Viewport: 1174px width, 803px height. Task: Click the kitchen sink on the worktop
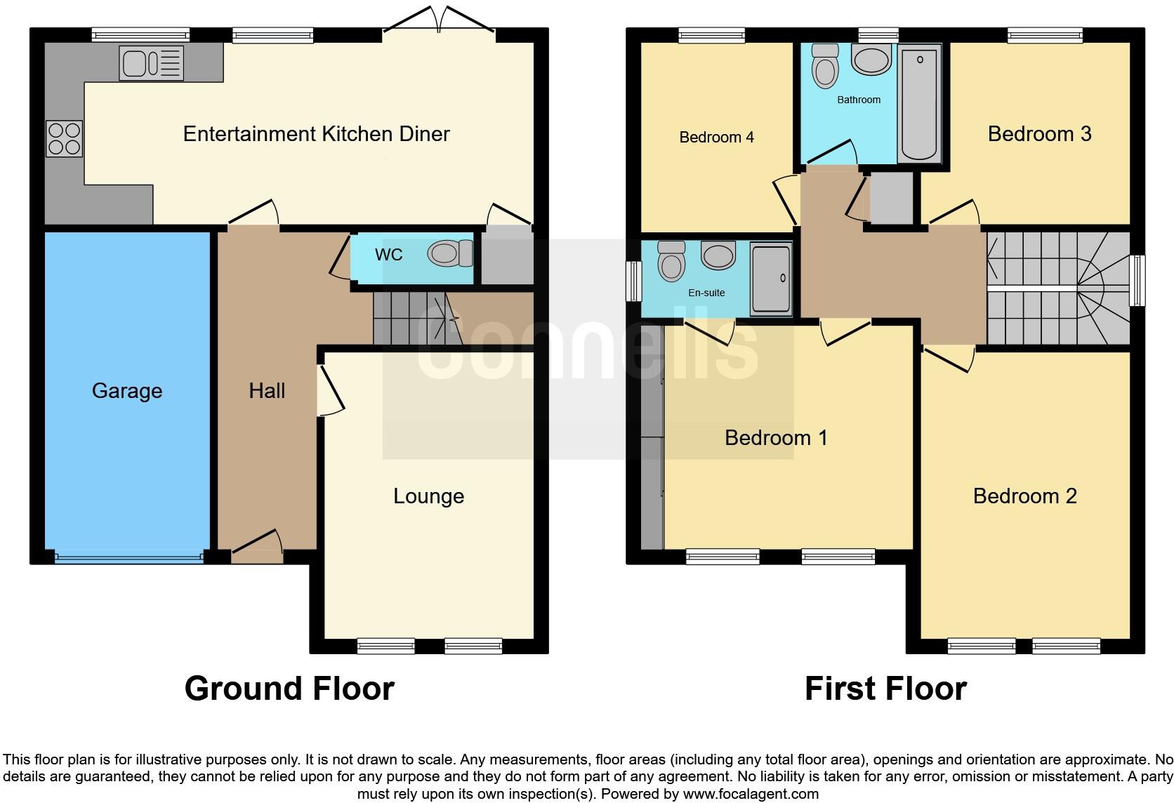(151, 63)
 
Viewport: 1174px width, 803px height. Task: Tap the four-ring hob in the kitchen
(64, 138)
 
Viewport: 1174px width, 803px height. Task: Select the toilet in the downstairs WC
(451, 253)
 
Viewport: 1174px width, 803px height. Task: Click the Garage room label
(127, 391)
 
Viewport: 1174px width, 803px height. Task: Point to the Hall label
(267, 391)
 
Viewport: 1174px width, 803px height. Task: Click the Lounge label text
(428, 496)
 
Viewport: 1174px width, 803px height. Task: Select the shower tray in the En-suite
(770, 279)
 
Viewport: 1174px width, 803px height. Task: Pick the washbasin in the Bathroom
(871, 59)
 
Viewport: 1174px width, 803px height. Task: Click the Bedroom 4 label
(716, 138)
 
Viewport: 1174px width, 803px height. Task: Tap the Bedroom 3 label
(1039, 134)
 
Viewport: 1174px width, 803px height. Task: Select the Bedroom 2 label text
(1024, 496)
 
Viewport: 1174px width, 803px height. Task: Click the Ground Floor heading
(289, 689)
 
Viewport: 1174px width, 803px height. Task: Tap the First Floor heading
(885, 689)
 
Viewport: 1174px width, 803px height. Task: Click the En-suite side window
(634, 281)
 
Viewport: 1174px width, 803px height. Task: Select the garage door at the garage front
(128, 559)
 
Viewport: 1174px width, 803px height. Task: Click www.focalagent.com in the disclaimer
(751, 794)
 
